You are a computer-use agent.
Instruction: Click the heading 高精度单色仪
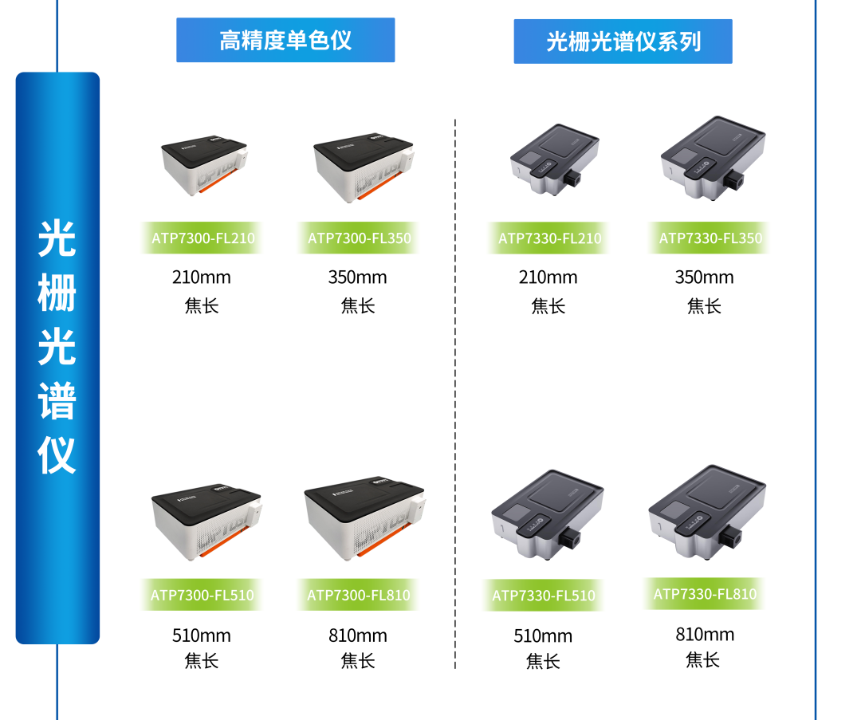click(x=285, y=40)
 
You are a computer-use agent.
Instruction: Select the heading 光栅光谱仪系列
click(x=623, y=41)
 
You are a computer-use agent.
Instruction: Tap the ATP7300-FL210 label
click(x=201, y=238)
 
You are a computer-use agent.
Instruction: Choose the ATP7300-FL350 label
click(x=358, y=238)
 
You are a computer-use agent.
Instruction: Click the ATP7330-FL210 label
click(x=548, y=238)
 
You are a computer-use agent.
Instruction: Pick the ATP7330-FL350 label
click(x=709, y=238)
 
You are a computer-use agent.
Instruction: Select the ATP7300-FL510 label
click(x=201, y=595)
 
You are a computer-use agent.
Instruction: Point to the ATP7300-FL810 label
click(x=358, y=595)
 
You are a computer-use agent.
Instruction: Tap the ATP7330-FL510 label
click(x=543, y=596)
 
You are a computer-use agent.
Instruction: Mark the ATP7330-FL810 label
click(x=704, y=594)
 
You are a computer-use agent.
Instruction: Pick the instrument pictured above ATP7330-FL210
click(x=555, y=159)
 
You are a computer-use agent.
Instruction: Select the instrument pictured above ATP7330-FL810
click(x=707, y=510)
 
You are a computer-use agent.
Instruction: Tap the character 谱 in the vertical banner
click(x=57, y=401)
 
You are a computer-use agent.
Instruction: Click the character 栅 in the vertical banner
click(x=57, y=293)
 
